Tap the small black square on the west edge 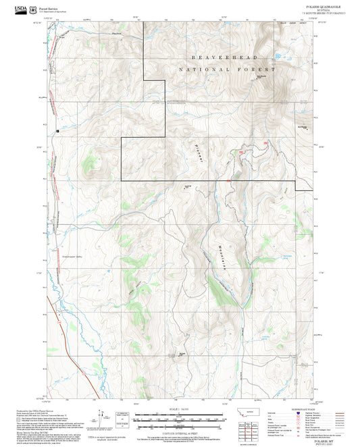coord(58,130)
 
